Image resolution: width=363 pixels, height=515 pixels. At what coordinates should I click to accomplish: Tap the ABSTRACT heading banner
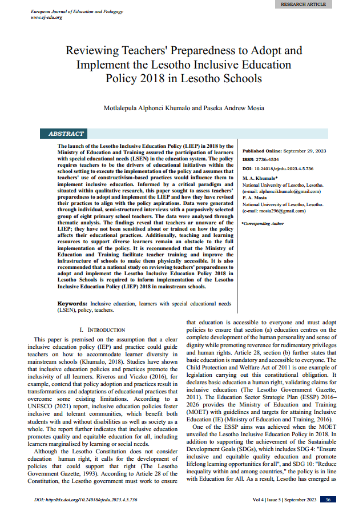[x=66, y=134]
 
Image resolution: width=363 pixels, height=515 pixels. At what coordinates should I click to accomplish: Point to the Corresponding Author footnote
[x=263, y=224]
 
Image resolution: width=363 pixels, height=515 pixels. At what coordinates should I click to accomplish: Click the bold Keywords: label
[x=73, y=303]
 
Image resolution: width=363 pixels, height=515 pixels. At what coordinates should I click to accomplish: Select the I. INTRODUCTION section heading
[x=102, y=330]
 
